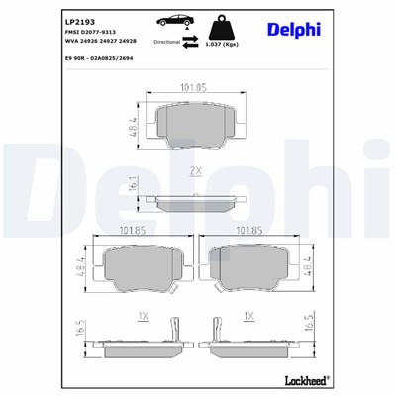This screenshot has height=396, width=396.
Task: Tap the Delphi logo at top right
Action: point(294,29)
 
